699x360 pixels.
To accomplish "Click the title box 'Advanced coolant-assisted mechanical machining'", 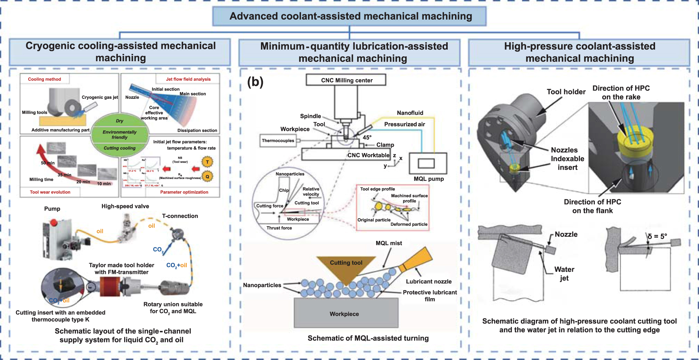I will pos(349,16).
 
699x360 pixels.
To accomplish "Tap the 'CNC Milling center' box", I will pos(346,80).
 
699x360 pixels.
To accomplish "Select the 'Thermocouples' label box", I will pos(278,141).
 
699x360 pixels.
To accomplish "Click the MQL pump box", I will pos(428,163).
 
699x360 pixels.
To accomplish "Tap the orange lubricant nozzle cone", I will pos(418,259).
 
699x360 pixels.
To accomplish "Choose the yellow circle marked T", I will pos(207,162).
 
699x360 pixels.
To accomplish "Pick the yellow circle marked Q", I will pos(207,176).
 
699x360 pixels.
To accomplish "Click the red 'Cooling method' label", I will pos(45,79).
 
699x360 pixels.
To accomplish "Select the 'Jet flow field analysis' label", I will pos(188,79).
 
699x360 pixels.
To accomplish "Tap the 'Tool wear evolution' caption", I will pos(50,192).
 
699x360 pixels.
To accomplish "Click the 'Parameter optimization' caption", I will pos(184,192).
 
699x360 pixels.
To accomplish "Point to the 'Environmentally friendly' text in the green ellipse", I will pos(119,134).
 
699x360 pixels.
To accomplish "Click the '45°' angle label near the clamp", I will pos(367,137).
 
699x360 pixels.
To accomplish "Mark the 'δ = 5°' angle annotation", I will pos(657,237).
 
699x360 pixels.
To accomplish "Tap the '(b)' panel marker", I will pos(255,82).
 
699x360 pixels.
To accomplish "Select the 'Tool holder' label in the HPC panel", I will pos(566,92).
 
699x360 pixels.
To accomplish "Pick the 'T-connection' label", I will pos(180,216).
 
